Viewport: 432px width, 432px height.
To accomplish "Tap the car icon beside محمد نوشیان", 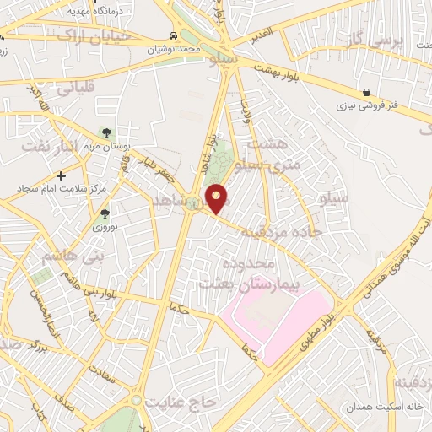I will tap(172, 36).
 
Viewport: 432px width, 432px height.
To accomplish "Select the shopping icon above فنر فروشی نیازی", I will tap(366, 92).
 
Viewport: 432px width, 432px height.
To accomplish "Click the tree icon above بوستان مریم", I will tap(105, 132).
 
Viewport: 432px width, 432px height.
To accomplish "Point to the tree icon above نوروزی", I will tap(105, 213).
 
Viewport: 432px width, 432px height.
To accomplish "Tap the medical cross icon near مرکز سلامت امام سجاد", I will tap(61, 175).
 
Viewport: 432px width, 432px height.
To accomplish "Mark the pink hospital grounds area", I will tap(270, 325).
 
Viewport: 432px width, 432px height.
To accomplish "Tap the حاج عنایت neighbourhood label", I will tap(180, 402).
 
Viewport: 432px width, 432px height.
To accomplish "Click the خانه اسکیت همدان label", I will tap(376, 407).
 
